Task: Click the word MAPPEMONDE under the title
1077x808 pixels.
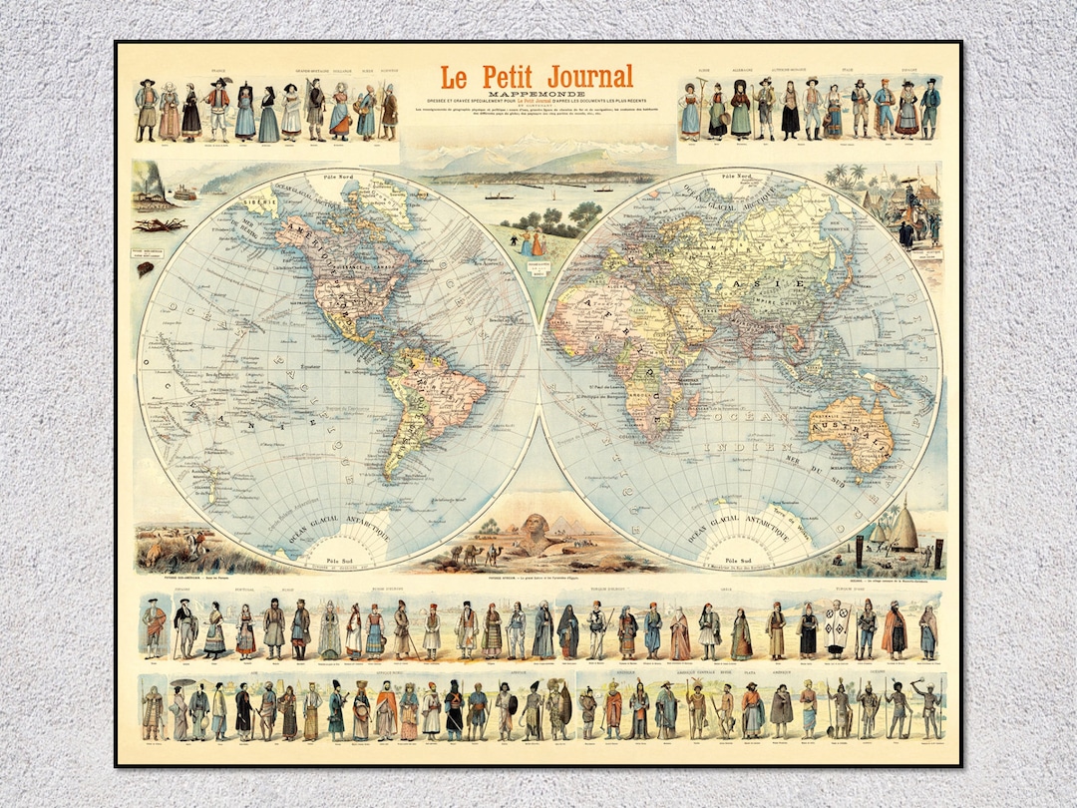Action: coord(538,96)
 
